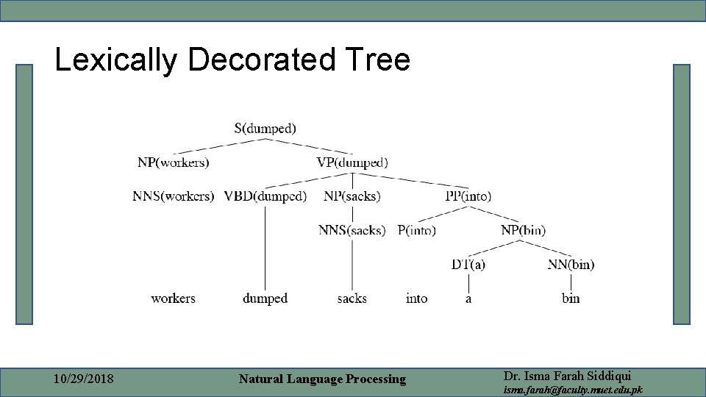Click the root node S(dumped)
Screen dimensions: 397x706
(x=265, y=128)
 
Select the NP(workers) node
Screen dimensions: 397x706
(x=173, y=162)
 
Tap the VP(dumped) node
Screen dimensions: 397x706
(x=352, y=162)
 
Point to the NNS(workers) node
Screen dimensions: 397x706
(x=174, y=196)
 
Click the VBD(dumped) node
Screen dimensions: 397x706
(x=265, y=196)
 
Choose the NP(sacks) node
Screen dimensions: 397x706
(x=352, y=196)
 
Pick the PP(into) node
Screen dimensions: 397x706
(x=468, y=196)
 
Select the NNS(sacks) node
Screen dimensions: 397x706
(x=352, y=230)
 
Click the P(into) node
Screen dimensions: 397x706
(x=417, y=230)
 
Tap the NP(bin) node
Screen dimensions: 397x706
(x=524, y=230)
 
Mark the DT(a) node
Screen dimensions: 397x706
(x=468, y=264)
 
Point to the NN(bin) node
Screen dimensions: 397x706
(x=571, y=264)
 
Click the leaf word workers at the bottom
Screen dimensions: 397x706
(x=173, y=298)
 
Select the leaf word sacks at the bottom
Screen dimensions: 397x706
(x=352, y=298)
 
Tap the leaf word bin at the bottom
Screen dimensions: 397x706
(x=571, y=298)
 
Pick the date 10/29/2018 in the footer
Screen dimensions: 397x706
(x=84, y=379)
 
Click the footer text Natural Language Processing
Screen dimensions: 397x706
(x=322, y=379)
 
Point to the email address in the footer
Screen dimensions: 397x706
(x=573, y=389)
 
